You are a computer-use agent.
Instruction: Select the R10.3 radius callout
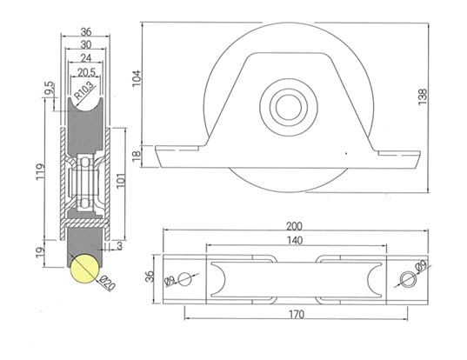[x=84, y=89]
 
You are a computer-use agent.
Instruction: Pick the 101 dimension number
[x=120, y=180]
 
